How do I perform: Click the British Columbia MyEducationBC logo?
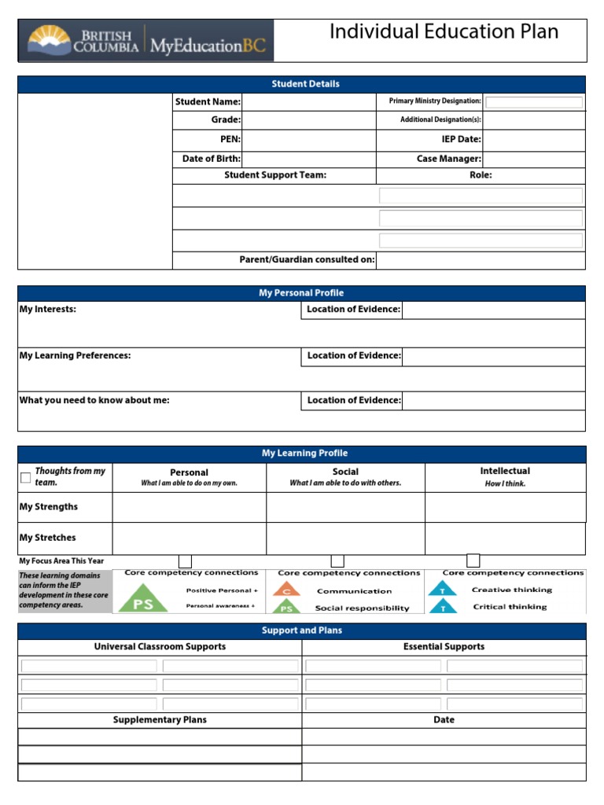point(146,41)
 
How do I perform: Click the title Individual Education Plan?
point(444,32)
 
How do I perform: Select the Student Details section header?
point(305,84)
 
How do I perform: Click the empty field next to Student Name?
point(309,101)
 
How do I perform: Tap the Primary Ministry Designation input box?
point(534,102)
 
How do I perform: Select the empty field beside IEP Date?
point(533,139)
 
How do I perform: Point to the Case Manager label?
point(448,159)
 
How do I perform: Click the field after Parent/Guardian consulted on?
point(481,260)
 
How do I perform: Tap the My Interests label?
point(48,310)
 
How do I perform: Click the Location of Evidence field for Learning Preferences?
point(493,356)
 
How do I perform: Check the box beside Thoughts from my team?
point(25,477)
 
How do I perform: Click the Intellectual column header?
point(505,472)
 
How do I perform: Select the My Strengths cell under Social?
point(345,507)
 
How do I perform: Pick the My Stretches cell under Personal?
point(189,539)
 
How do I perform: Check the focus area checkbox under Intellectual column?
point(473,561)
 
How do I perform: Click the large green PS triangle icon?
point(142,599)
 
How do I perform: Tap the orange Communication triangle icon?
point(287,590)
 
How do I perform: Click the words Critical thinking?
point(510,607)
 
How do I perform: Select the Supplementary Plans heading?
point(160,720)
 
